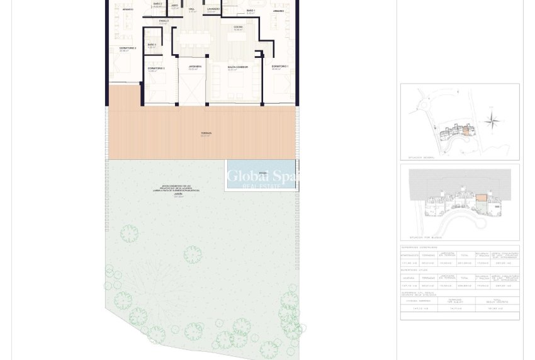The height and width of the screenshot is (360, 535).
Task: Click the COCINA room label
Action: (x=238, y=27)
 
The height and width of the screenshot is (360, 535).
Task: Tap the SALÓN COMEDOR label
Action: (x=237, y=67)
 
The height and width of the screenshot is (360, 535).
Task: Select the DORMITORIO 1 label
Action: (x=279, y=66)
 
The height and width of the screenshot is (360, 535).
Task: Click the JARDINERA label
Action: (x=194, y=66)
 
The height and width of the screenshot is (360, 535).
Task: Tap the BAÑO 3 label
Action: (x=152, y=45)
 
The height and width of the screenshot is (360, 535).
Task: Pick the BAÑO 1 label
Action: (x=251, y=11)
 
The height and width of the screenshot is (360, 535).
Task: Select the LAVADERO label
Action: (x=213, y=9)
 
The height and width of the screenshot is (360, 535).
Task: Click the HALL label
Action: (x=191, y=9)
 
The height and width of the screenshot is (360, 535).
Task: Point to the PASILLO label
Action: (x=164, y=21)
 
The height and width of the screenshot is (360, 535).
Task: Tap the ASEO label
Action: (x=175, y=6)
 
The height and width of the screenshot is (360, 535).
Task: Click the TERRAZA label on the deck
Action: (x=206, y=133)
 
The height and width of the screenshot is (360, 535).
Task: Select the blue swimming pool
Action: (x=261, y=174)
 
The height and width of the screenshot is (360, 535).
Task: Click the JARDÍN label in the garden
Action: (x=178, y=194)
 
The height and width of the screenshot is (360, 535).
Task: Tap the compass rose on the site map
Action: (x=493, y=120)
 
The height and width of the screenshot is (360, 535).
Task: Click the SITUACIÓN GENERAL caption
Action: (x=421, y=157)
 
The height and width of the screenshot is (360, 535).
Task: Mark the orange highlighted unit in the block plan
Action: (x=481, y=198)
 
